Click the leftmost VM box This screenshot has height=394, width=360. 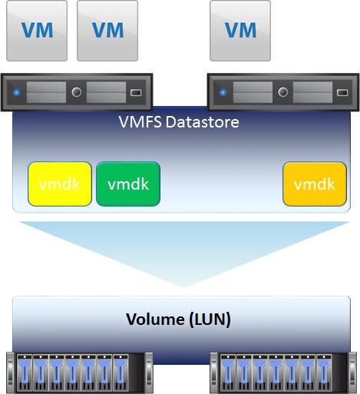coord(37,31)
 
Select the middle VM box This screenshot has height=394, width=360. coord(107,31)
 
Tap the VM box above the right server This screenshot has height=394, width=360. coord(240,31)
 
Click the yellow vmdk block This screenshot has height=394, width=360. coord(60,184)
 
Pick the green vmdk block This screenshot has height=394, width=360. coord(128,184)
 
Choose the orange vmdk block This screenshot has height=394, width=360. coord(315,184)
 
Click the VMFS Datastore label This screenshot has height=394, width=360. coord(179,122)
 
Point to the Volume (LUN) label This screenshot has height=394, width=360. coord(178,320)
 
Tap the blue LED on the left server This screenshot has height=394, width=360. coord(17,92)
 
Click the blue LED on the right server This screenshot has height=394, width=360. coord(223,92)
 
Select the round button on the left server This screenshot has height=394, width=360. coord(77,92)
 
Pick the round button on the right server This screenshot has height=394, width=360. coord(282,92)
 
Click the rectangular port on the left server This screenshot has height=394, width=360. coord(136,92)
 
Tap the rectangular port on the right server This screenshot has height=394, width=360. coord(342,92)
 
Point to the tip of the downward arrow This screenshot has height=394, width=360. coord(183,287)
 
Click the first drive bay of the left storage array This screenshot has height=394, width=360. coord(25,373)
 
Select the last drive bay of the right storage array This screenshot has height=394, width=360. coord(324,373)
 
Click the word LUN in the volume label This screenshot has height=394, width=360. coord(210,320)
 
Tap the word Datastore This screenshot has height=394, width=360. coord(203,122)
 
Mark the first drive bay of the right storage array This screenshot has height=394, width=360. coord(228,373)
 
